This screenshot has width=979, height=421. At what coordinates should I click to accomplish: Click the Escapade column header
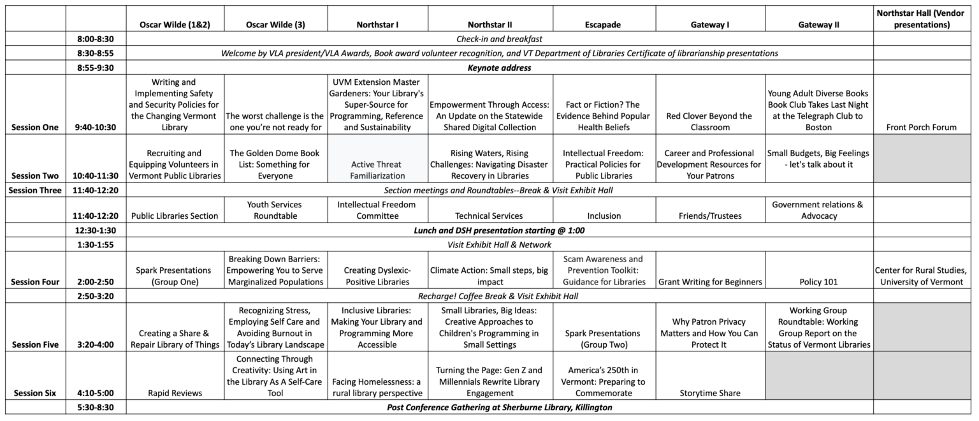pos(602,25)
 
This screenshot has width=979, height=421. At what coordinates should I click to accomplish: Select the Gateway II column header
pos(818,25)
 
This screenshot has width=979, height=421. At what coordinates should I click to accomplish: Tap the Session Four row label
pos(35,282)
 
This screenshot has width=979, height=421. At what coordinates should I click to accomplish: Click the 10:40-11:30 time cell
pos(95,175)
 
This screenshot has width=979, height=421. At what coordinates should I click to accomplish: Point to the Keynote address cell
pos(499,67)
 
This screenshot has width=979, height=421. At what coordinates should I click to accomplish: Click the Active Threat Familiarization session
pos(377,170)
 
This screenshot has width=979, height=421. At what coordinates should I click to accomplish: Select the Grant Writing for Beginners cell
pos(710,282)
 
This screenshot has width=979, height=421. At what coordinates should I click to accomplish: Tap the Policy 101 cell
pos(818,282)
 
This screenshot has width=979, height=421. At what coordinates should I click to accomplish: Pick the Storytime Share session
pos(710,393)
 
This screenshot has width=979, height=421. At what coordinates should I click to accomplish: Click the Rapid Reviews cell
pos(175,393)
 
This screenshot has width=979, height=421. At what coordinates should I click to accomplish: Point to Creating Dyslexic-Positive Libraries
pos(377,276)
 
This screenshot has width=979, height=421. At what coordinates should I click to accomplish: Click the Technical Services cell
pos(489,216)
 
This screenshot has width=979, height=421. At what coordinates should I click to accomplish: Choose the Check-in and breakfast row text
pos(499,39)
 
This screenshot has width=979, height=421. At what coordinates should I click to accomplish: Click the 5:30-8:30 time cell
pos(95,407)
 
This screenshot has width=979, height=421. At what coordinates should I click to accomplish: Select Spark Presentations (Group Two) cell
pos(602,339)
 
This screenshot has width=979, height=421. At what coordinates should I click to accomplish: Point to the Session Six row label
pos(35,393)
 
